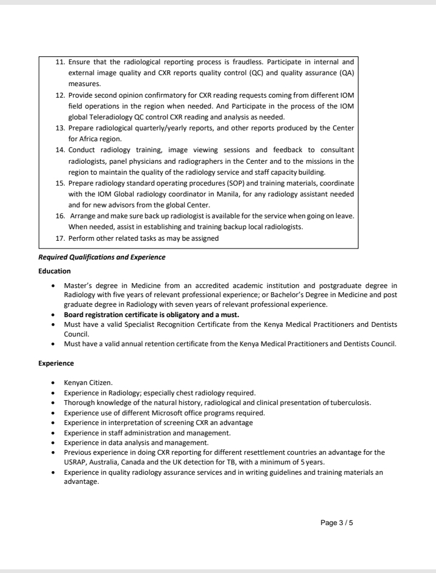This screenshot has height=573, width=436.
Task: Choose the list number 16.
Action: [x=60, y=216]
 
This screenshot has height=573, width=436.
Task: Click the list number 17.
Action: [x=60, y=238]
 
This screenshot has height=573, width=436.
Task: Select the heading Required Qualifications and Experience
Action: [x=102, y=257]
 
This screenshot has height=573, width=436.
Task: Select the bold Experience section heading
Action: [x=56, y=363]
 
